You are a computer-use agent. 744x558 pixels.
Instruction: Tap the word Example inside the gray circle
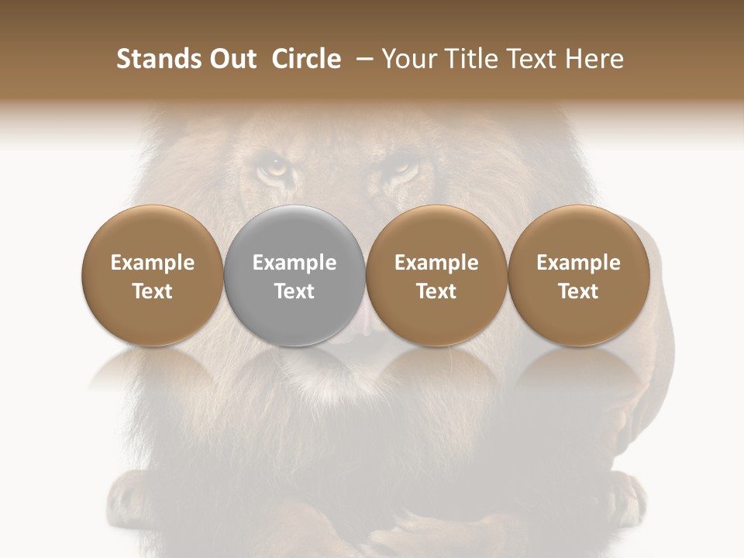point(294,263)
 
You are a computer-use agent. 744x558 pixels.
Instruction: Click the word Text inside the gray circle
point(294,291)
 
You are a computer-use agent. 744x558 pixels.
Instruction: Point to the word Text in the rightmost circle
point(578,291)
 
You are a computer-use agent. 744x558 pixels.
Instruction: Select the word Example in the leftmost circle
point(153,263)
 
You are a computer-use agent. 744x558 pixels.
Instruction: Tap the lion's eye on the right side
point(401,165)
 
